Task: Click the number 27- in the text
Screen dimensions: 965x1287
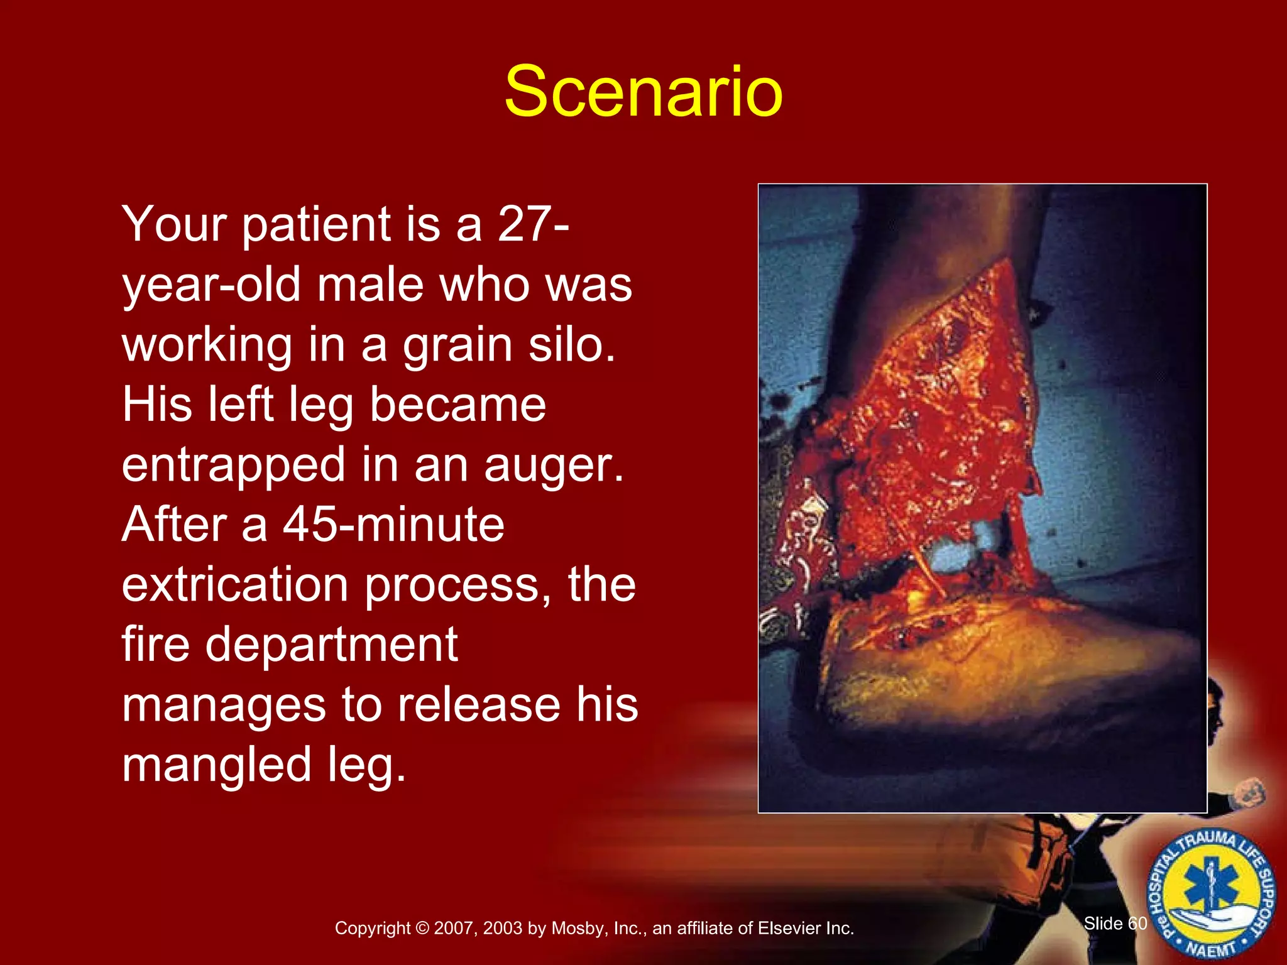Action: [533, 224]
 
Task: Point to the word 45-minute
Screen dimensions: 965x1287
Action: [393, 525]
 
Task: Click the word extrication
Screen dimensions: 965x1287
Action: [234, 584]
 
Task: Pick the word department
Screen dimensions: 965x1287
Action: [331, 645]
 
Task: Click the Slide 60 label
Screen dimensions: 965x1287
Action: [1115, 923]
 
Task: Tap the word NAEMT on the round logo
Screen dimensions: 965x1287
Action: [1211, 948]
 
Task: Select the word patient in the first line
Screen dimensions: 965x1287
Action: [316, 225]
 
